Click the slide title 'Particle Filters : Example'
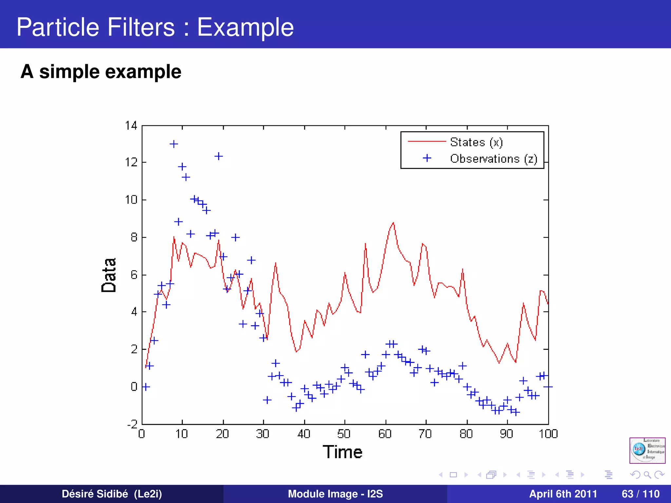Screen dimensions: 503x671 pyautogui.click(x=155, y=27)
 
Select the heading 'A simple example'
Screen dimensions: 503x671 pyautogui.click(x=101, y=72)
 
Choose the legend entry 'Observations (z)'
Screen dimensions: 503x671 pyautogui.click(x=493, y=159)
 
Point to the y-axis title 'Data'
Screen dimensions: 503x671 pyautogui.click(x=109, y=275)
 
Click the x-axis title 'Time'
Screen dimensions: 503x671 pyautogui.click(x=342, y=452)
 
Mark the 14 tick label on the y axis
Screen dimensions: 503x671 pyautogui.click(x=131, y=125)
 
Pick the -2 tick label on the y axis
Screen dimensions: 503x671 pyautogui.click(x=132, y=424)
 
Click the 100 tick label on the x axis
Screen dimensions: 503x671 pyautogui.click(x=548, y=434)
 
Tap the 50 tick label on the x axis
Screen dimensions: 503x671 pyautogui.click(x=344, y=434)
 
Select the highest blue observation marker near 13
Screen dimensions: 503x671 pyautogui.click(x=174, y=144)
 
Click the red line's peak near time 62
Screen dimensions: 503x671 pyautogui.click(x=393, y=223)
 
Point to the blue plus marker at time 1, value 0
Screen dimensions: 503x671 pyautogui.click(x=146, y=387)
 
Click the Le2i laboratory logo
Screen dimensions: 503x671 pyautogui.click(x=647, y=450)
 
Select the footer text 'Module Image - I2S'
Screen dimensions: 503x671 pyautogui.click(x=335, y=494)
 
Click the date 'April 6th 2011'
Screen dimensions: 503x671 pyautogui.click(x=563, y=494)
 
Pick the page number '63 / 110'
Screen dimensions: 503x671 pyautogui.click(x=640, y=494)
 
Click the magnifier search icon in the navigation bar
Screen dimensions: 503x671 pyautogui.click(x=647, y=475)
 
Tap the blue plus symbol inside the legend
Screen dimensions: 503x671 pyautogui.click(x=427, y=158)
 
